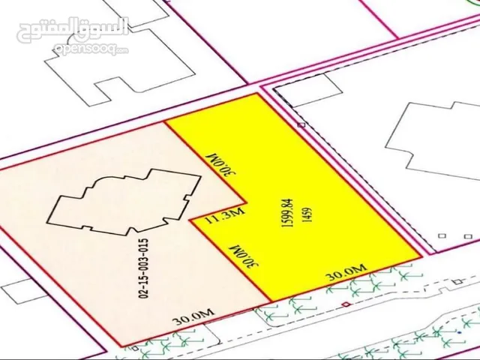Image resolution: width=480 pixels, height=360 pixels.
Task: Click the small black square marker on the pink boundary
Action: pos(301,125)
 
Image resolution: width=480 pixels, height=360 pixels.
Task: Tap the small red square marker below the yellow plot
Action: pos(345,304)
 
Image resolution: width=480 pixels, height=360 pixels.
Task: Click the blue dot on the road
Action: pos(457,331)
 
